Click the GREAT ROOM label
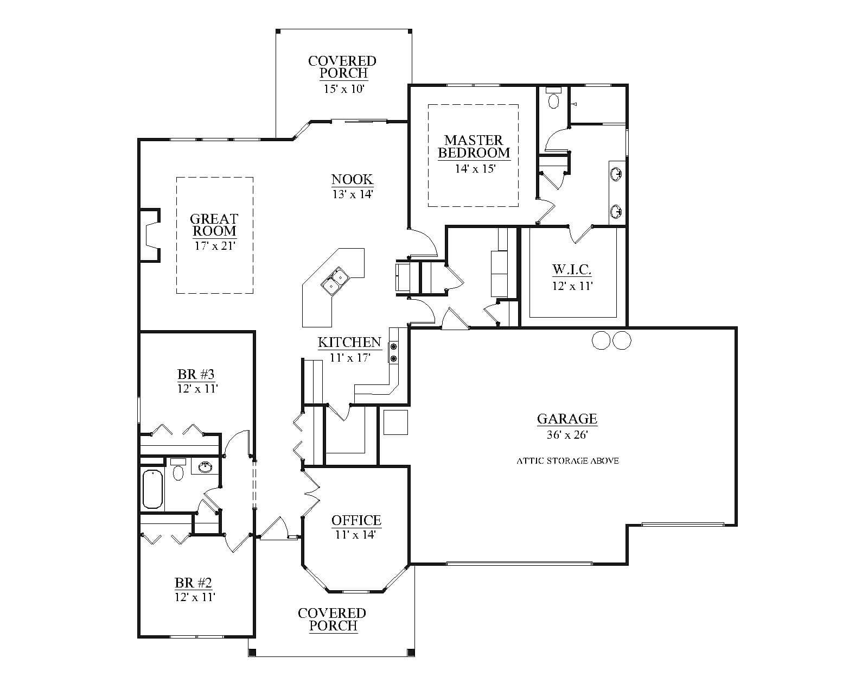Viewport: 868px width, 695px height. click(x=214, y=225)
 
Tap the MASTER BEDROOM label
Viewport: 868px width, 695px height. click(x=474, y=146)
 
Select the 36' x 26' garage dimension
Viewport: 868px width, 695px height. click(x=567, y=434)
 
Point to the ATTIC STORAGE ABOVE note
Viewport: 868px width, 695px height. click(x=567, y=461)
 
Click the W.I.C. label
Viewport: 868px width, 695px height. click(x=572, y=269)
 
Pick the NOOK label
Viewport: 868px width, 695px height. click(x=352, y=179)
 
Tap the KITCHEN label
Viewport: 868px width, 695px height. click(x=350, y=343)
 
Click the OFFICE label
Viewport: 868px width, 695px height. click(x=356, y=520)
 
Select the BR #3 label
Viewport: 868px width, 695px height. click(x=196, y=374)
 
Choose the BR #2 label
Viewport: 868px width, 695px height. click(x=193, y=583)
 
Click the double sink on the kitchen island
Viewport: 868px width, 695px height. click(x=335, y=280)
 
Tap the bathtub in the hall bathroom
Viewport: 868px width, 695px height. click(x=152, y=489)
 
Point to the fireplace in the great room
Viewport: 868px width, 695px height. click(x=150, y=235)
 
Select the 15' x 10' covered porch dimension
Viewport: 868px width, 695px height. click(x=344, y=89)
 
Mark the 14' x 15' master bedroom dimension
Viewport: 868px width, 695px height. click(x=475, y=168)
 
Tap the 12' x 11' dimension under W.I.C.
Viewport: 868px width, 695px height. click(x=572, y=286)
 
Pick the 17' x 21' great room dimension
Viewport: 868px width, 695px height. click(x=215, y=245)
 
